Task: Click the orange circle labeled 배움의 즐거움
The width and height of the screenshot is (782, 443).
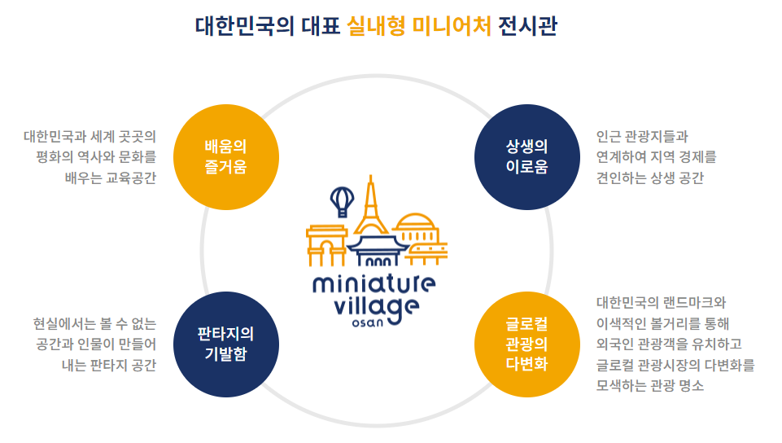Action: coord(226,158)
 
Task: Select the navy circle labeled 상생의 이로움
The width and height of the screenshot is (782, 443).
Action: coord(526,158)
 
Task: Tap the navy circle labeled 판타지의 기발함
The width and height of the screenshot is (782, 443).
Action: coord(226,344)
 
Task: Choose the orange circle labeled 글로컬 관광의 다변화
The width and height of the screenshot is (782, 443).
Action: coord(526,344)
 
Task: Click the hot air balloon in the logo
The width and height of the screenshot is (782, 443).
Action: coord(342,199)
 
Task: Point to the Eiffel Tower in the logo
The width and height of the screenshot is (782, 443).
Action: coord(371,208)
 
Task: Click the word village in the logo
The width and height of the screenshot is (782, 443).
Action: coord(378,307)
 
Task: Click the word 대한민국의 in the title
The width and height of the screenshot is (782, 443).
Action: coord(235,25)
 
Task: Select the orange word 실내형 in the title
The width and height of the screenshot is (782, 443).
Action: coord(374,25)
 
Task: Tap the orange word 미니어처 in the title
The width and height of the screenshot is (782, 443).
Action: coord(452,25)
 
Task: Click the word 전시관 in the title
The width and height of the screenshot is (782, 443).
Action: coord(531,25)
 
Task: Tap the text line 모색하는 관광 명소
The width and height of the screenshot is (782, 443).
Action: coord(650,385)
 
